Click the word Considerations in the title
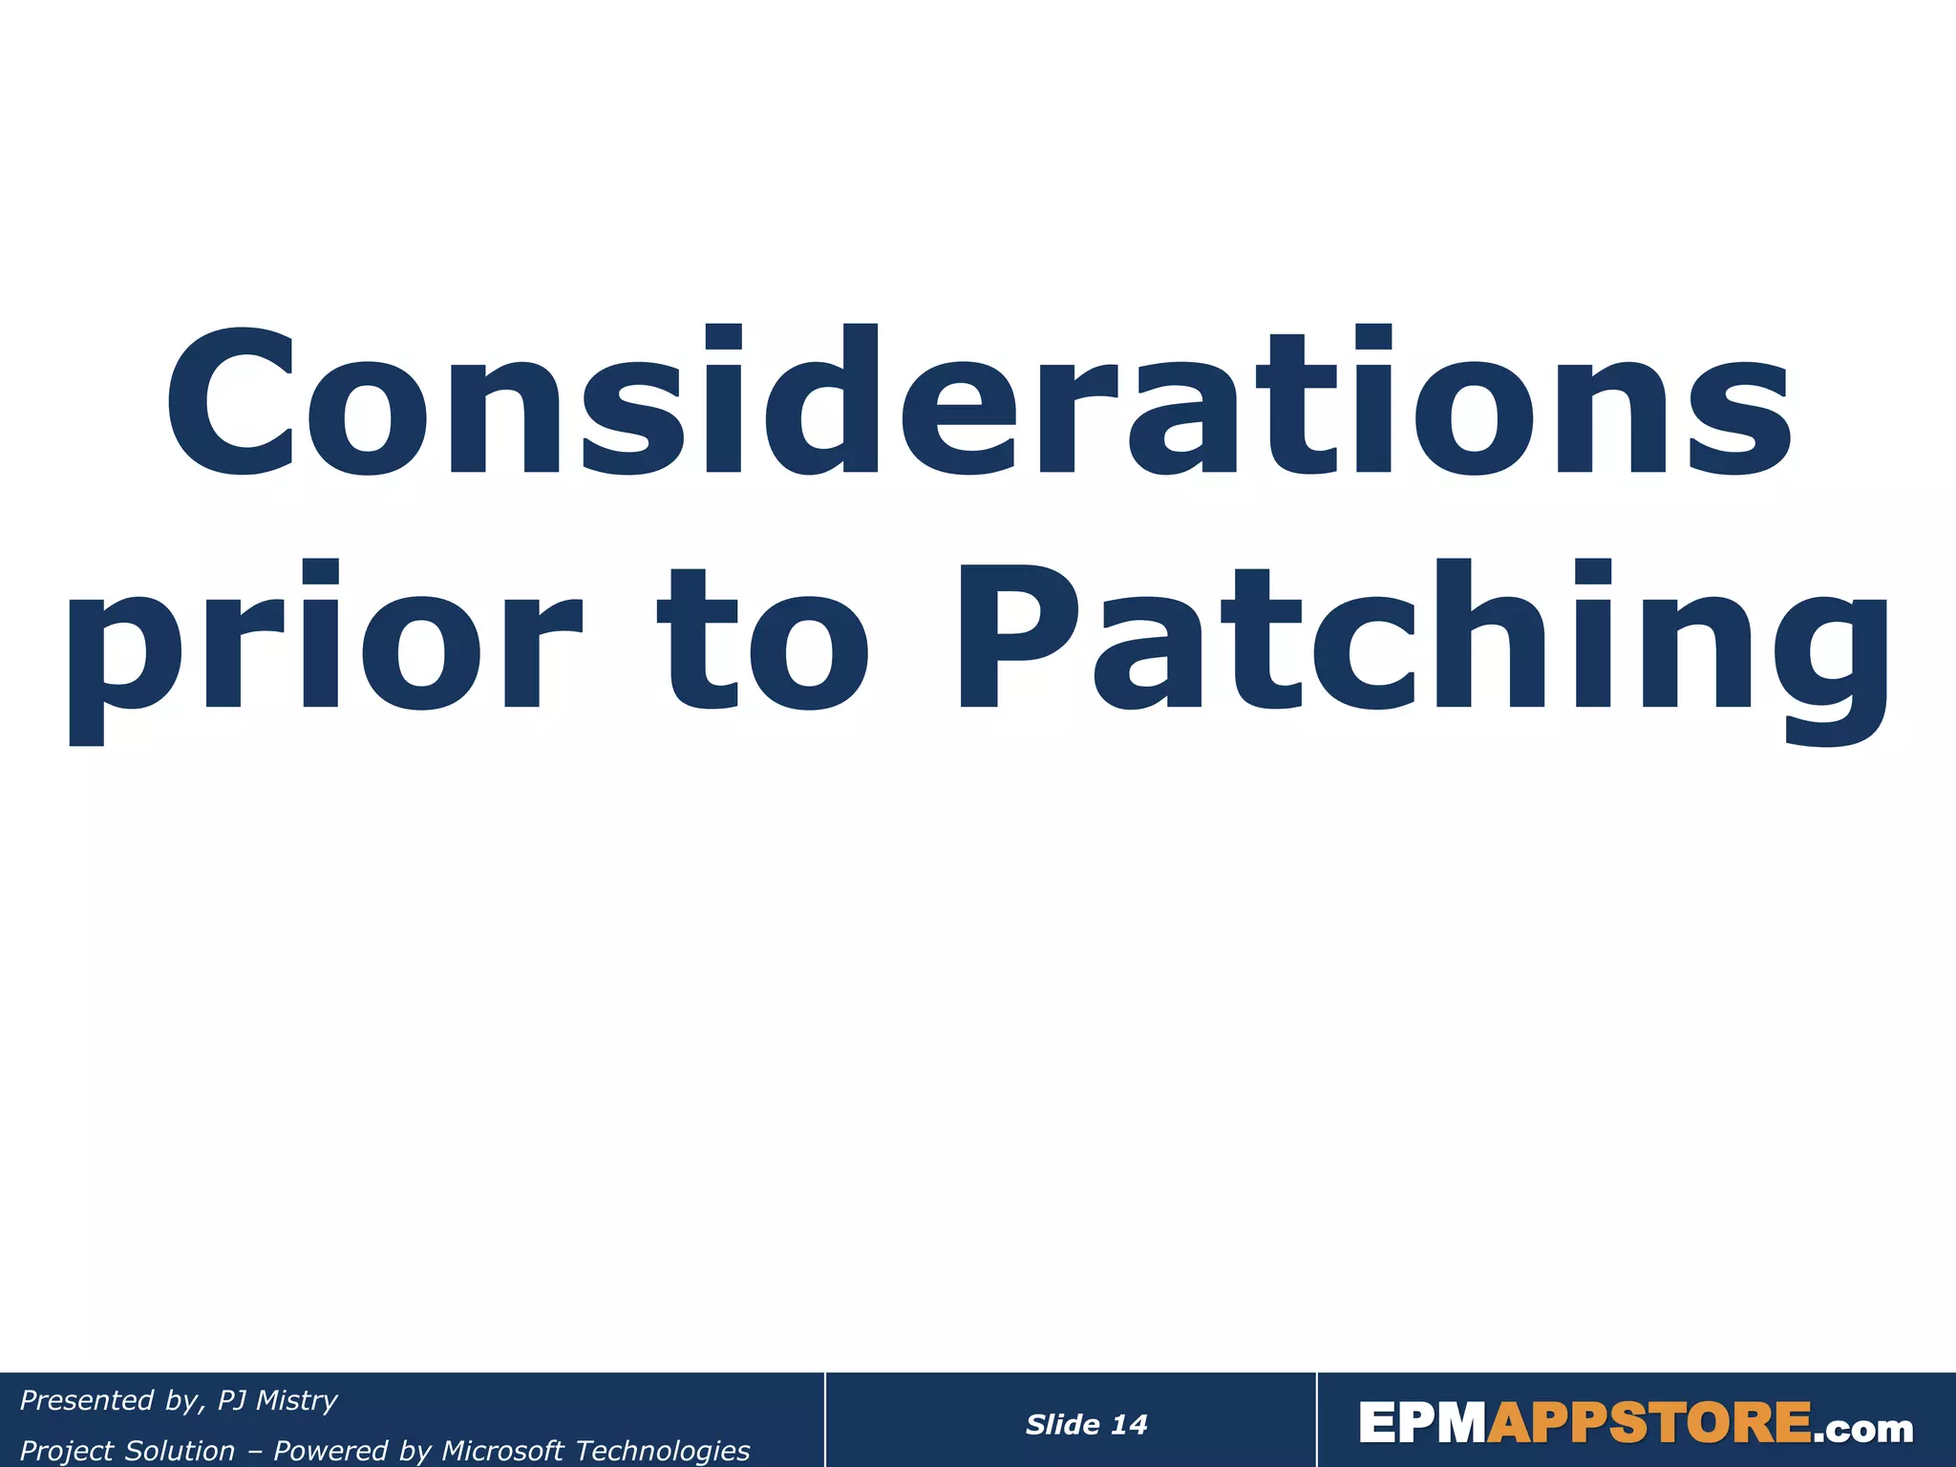tap(978, 401)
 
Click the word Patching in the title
tap(1423, 640)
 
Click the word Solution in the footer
tap(181, 1451)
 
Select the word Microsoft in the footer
tap(502, 1451)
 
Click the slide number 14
tap(1129, 1425)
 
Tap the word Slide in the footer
tap(1062, 1425)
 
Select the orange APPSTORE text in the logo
tap(1649, 1424)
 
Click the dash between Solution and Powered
tap(254, 1451)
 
